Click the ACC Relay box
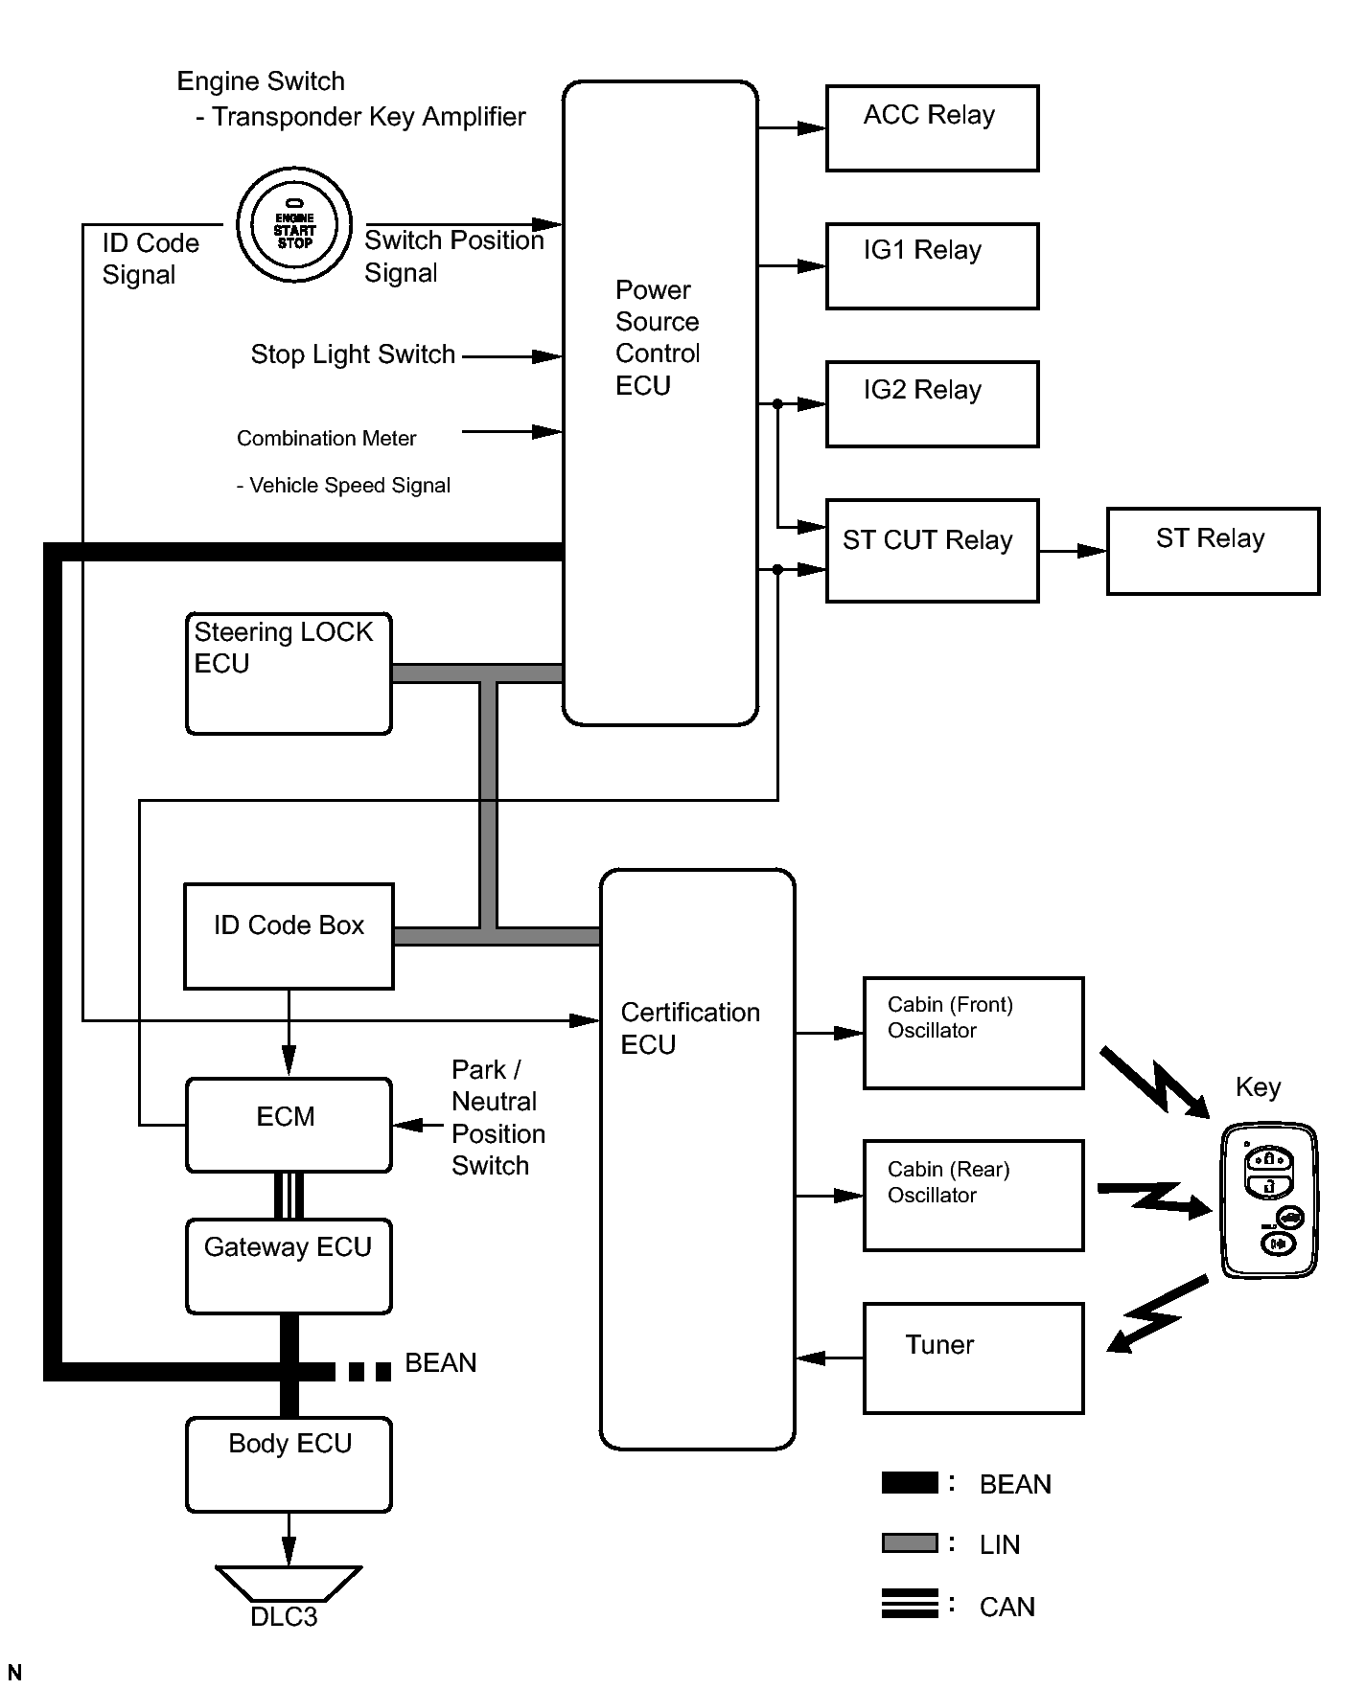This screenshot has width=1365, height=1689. [x=932, y=128]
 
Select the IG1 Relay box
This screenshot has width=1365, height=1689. [x=932, y=266]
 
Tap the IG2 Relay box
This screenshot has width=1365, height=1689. [x=932, y=403]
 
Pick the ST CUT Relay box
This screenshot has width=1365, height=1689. [x=932, y=551]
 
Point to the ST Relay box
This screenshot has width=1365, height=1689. [x=1213, y=551]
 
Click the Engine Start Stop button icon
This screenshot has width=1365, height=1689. [x=294, y=225]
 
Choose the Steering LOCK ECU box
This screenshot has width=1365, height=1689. [x=289, y=673]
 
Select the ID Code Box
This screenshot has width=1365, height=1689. [x=289, y=936]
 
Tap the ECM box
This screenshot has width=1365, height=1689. [x=289, y=1125]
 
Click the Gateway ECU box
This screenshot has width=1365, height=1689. [x=289, y=1266]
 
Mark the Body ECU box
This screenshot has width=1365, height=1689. [x=289, y=1464]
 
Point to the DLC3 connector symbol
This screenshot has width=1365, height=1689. [x=289, y=1585]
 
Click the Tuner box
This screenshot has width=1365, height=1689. [x=973, y=1358]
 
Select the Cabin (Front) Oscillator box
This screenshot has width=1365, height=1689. [x=973, y=1033]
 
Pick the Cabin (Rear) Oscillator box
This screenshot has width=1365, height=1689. [x=973, y=1195]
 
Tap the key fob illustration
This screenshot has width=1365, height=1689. [x=1269, y=1201]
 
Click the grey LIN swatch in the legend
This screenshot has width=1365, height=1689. [x=909, y=1542]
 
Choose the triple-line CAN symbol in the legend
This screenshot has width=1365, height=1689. [x=909, y=1604]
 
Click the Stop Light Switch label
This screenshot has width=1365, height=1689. [x=352, y=354]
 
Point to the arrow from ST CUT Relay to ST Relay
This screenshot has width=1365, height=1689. [x=1073, y=551]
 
